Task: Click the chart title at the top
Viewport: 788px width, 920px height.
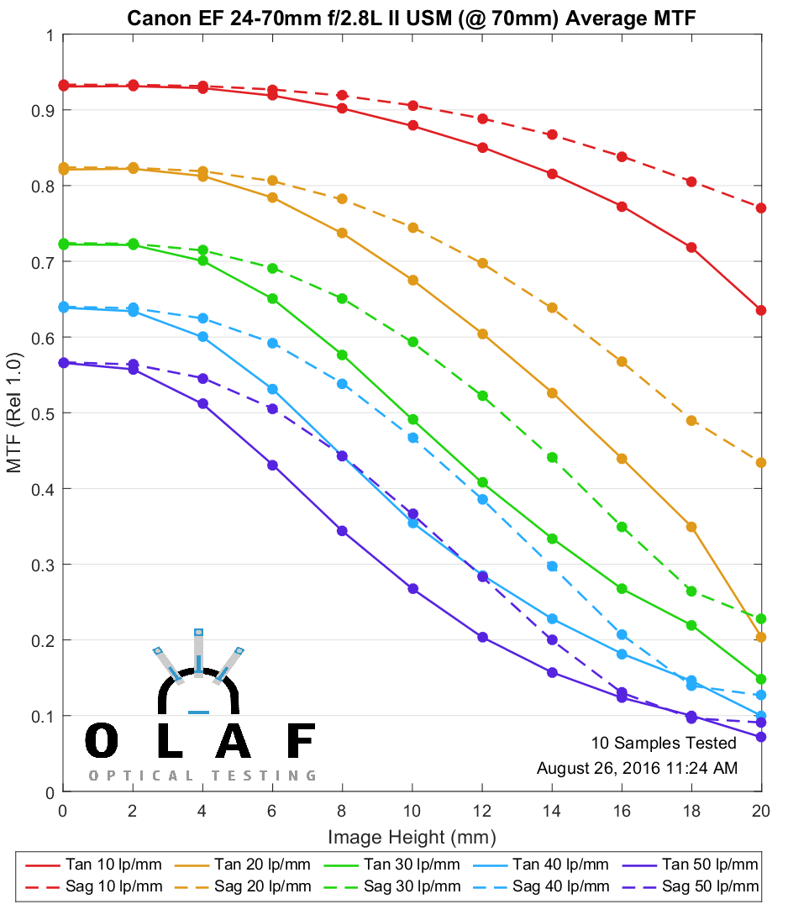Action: (411, 18)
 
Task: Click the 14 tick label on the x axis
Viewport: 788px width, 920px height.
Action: (552, 811)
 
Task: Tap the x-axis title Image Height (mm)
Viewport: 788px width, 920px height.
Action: (412, 837)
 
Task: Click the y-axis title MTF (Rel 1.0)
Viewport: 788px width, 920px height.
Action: (15, 413)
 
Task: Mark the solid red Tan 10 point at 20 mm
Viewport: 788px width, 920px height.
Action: (761, 310)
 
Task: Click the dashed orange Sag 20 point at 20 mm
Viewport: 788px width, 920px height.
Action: (761, 462)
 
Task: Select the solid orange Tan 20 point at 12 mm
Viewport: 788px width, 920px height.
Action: (482, 334)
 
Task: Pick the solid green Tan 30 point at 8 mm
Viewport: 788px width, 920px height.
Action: (342, 355)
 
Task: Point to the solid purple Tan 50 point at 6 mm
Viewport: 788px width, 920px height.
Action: (272, 465)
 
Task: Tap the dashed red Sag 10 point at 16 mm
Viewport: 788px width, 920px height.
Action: (622, 157)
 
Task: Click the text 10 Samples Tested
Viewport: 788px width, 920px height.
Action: (664, 743)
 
